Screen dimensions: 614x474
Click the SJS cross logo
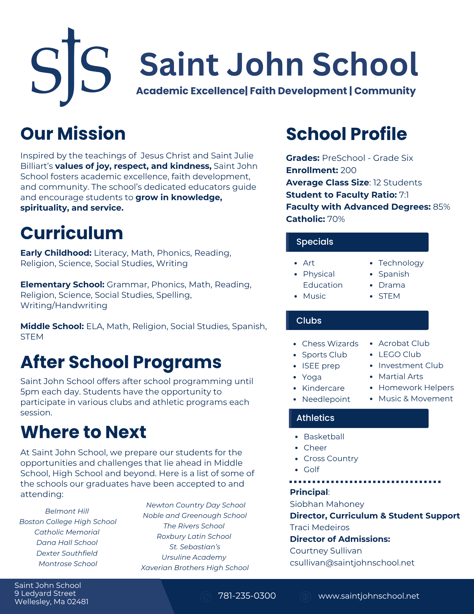click(x=71, y=67)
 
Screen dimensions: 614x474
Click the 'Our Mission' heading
click(x=73, y=134)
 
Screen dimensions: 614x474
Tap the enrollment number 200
click(x=348, y=170)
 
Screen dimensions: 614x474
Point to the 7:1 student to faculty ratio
click(x=404, y=195)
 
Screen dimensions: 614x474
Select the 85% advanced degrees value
click(x=441, y=207)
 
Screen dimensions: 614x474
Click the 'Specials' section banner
click(x=357, y=242)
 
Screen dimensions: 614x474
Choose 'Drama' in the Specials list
click(x=391, y=285)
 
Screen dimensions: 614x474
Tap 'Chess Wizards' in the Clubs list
click(x=330, y=344)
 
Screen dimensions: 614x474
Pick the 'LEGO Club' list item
click(x=399, y=355)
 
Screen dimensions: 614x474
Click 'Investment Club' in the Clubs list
click(x=411, y=366)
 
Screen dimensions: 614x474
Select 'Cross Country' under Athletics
click(x=331, y=459)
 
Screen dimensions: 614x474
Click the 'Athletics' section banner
click(x=358, y=418)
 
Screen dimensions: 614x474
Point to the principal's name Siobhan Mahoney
click(x=327, y=504)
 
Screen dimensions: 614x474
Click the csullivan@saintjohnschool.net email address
click(x=352, y=563)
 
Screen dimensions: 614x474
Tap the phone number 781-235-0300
click(x=247, y=596)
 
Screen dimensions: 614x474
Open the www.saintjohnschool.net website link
click(x=368, y=596)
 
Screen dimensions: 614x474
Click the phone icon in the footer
click(x=205, y=597)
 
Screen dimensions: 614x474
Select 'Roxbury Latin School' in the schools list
click(x=194, y=536)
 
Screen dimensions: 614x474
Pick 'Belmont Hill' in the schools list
click(x=67, y=511)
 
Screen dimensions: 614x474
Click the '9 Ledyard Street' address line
click(x=45, y=593)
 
